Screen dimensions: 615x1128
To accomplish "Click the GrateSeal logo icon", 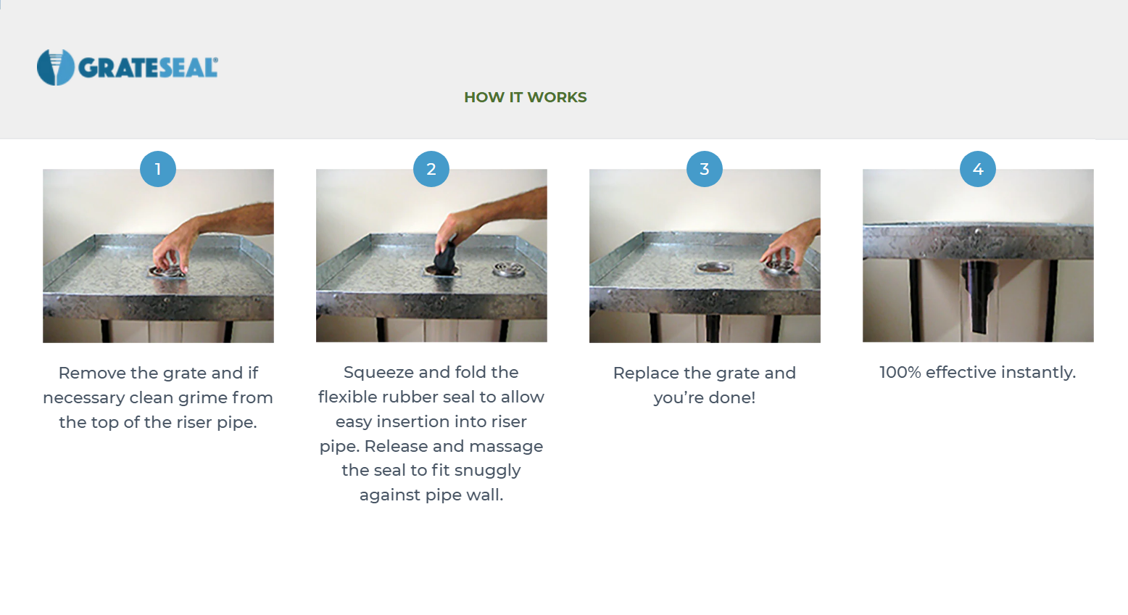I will tap(56, 67).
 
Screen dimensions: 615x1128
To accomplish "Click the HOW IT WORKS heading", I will tap(525, 97).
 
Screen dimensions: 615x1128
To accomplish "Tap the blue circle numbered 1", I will tap(158, 169).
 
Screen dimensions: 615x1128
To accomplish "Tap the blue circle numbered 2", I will tap(431, 169).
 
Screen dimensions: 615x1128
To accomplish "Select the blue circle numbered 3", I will tap(705, 169).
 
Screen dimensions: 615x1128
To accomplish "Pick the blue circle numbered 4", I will tap(978, 169).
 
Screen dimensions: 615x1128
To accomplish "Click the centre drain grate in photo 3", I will tap(714, 268).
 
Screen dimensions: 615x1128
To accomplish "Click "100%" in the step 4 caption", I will tap(900, 372).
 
